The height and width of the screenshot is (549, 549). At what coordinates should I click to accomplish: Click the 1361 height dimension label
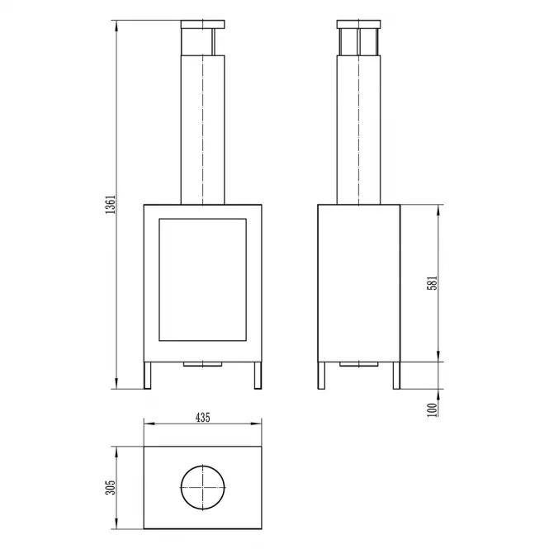(x=111, y=205)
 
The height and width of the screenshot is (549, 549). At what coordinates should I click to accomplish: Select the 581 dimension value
(x=433, y=283)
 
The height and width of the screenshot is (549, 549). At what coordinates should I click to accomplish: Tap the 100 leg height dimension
(x=433, y=409)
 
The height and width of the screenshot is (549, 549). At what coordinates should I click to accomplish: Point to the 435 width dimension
(x=203, y=418)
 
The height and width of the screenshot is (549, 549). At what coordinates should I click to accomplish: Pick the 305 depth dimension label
(x=111, y=487)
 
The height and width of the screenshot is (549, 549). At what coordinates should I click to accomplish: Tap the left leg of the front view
(x=148, y=376)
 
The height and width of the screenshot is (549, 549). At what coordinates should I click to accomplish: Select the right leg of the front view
(x=258, y=376)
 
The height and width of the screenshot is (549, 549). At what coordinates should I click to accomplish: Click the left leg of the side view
(x=321, y=376)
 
